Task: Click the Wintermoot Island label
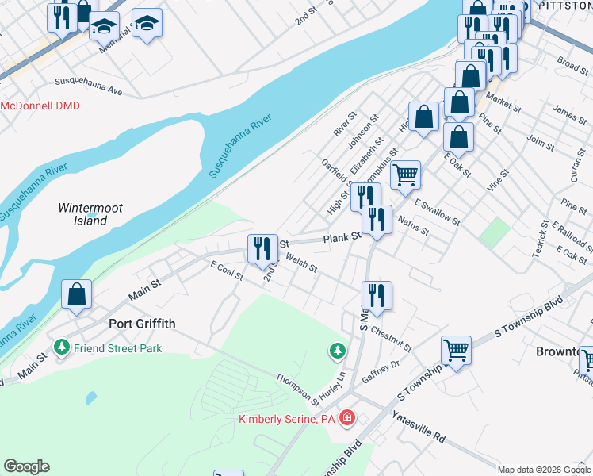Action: [90, 214]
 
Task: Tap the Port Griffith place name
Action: [141, 324]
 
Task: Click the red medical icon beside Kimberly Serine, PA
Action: [347, 418]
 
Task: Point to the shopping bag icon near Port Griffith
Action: [75, 295]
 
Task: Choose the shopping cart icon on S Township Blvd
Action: [456, 349]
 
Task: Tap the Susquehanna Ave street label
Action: [89, 86]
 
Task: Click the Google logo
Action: [26, 466]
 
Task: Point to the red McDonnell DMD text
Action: [40, 106]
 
